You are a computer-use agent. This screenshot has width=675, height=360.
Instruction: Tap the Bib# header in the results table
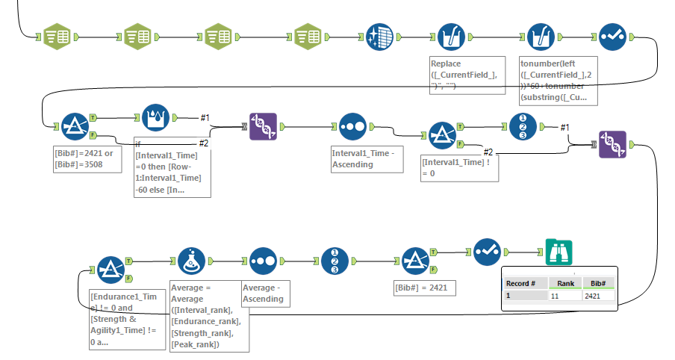(597, 283)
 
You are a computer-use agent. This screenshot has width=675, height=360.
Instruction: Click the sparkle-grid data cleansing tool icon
(379, 37)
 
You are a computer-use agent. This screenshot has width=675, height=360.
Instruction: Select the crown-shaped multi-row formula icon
(156, 118)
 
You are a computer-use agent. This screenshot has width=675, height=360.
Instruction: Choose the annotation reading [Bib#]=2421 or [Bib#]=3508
(87, 158)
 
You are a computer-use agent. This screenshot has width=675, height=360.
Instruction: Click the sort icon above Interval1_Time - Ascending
(352, 127)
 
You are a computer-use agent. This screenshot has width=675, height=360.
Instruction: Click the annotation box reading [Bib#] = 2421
(423, 288)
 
